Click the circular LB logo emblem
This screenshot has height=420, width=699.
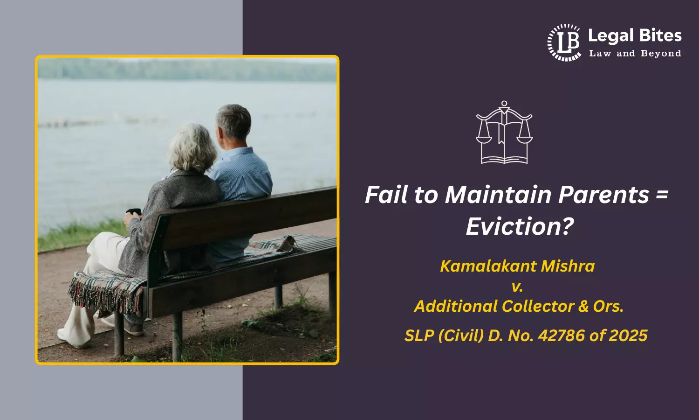click(564, 42)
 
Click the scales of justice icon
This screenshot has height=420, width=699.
click(504, 133)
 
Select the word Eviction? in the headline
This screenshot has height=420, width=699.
click(520, 227)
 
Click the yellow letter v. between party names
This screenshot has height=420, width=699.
click(517, 286)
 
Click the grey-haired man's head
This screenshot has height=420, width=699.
click(233, 122)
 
